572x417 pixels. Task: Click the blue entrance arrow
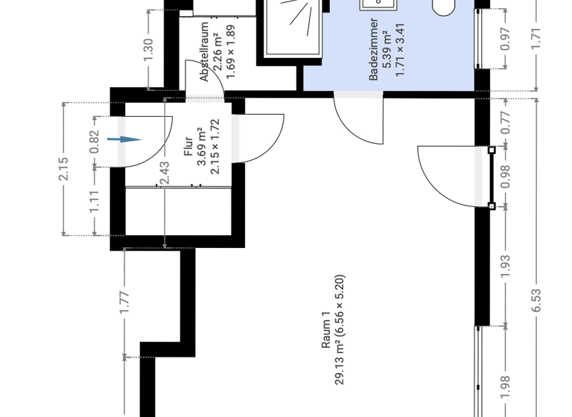pos(123,139)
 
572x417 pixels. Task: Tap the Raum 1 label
pos(325,330)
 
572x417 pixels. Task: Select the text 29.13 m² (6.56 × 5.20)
pos(340,331)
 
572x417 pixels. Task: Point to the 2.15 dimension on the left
pos(63,169)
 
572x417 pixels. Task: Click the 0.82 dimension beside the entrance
pos(94,141)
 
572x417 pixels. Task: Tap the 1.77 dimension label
pos(125,302)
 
